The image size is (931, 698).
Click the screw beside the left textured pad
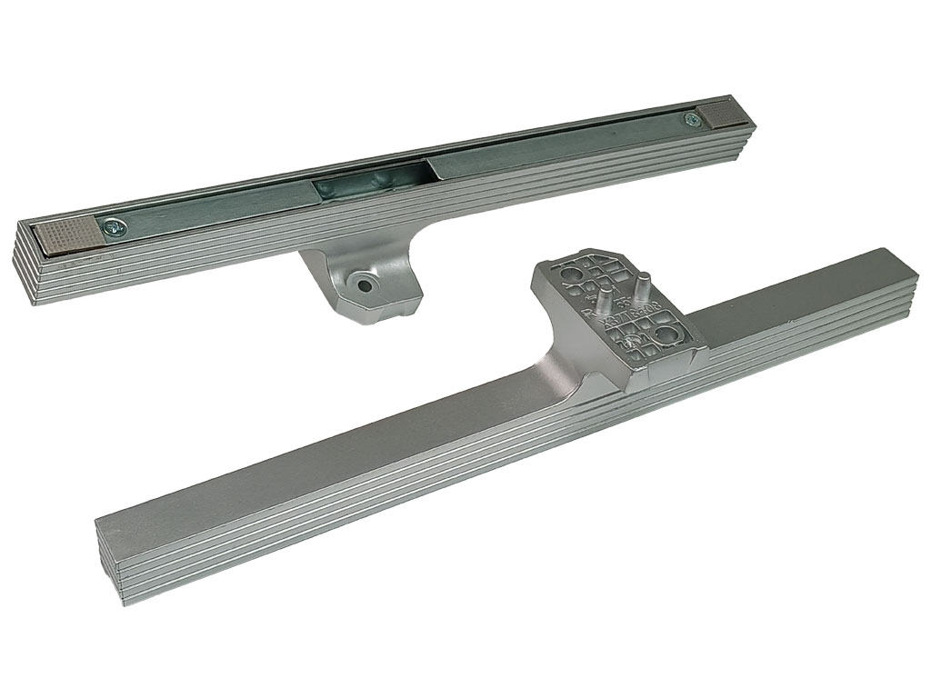[x=114, y=227]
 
